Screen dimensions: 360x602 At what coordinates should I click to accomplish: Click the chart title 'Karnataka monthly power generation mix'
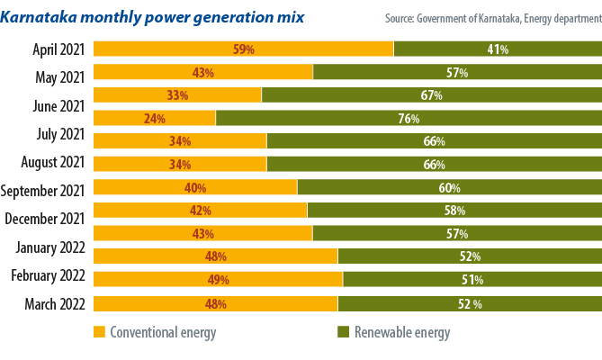[x=153, y=17]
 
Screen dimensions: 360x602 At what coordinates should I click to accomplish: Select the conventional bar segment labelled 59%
[x=243, y=49]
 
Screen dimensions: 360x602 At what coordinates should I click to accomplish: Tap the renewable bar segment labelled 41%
[x=498, y=49]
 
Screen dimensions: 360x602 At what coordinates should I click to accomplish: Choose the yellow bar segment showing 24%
[x=154, y=118]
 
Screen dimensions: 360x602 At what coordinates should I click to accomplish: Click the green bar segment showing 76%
[x=409, y=118]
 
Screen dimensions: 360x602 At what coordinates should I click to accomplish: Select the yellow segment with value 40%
[x=195, y=188]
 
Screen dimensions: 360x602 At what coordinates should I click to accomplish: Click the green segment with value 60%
[x=449, y=188]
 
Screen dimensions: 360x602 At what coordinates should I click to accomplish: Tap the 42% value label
[x=200, y=211]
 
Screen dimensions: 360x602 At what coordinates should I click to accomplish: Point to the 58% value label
[x=454, y=211]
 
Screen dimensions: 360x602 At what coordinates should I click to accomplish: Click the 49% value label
[x=217, y=280]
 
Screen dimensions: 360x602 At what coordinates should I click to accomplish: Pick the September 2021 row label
[x=43, y=190]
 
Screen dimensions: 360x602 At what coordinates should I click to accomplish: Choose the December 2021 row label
[x=45, y=219]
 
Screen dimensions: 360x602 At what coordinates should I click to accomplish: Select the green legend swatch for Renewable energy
[x=343, y=332]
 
